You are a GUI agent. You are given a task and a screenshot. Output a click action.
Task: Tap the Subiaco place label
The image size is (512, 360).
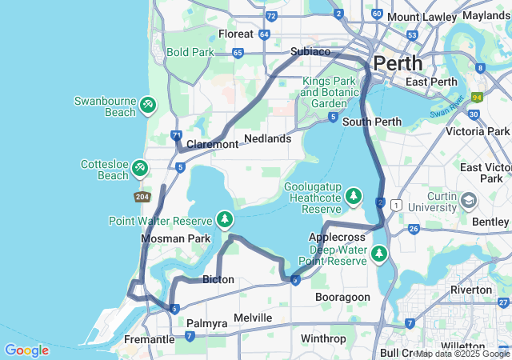(310, 51)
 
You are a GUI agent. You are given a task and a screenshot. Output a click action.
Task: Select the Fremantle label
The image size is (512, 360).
(150, 339)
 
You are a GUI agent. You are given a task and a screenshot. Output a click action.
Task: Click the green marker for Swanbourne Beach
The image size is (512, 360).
(148, 105)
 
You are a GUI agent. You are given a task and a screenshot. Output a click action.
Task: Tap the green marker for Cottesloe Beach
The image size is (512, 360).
(140, 167)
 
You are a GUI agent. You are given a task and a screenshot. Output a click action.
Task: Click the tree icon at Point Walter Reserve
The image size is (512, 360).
(226, 219)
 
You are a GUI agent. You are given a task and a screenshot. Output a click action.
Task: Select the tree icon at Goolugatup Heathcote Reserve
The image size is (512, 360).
(354, 196)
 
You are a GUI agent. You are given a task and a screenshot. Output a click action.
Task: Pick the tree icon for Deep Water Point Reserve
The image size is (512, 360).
(378, 254)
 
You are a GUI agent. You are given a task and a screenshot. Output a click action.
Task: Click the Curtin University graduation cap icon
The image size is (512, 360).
(470, 198)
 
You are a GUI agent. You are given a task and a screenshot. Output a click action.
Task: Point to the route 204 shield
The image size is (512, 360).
(142, 196)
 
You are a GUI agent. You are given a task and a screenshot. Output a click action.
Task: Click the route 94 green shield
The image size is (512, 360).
(478, 98)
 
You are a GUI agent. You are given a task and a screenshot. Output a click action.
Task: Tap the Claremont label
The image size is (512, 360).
(212, 144)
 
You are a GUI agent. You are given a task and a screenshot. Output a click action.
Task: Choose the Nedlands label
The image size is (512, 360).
(267, 138)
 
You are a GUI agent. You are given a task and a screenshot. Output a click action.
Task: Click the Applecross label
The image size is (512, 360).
(337, 238)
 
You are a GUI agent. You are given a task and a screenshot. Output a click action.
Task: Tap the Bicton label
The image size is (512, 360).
(218, 279)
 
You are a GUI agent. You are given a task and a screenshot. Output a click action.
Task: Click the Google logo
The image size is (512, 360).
(26, 350)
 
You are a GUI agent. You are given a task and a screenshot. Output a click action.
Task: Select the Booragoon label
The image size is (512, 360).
(342, 297)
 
